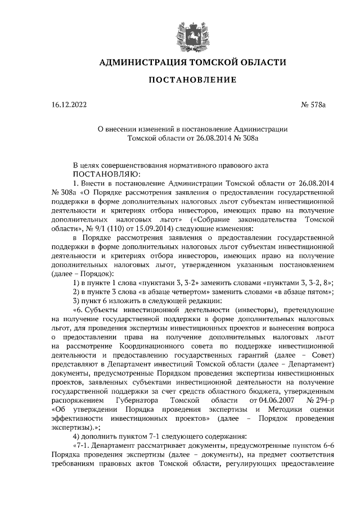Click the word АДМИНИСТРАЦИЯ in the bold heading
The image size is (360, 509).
coord(138,62)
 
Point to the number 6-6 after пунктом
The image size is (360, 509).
coord(330,445)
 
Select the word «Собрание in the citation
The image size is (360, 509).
coord(218,219)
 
